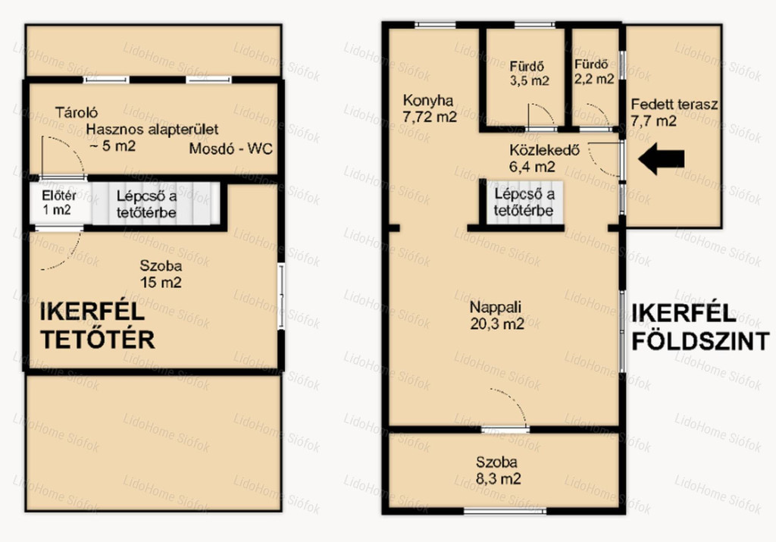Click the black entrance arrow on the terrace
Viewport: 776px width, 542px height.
(661, 159)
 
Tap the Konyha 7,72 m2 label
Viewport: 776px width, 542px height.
(429, 108)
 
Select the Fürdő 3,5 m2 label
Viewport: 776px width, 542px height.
(528, 74)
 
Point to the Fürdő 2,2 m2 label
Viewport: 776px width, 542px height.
(594, 71)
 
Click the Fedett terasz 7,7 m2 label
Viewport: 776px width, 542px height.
(674, 112)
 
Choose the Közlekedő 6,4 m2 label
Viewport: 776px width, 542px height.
(544, 158)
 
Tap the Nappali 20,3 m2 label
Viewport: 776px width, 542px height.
(496, 315)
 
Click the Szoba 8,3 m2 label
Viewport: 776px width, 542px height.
(497, 470)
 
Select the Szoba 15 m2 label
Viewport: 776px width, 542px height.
(161, 274)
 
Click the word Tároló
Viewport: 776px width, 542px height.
(77, 112)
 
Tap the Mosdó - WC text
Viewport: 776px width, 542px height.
(230, 149)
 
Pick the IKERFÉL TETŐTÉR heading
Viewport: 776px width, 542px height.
(97, 326)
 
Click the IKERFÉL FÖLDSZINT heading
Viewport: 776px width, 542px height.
(700, 327)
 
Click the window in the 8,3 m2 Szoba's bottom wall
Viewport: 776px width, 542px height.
(505, 510)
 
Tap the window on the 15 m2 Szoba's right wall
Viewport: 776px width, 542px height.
(280, 296)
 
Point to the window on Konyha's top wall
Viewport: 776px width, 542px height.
(435, 25)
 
